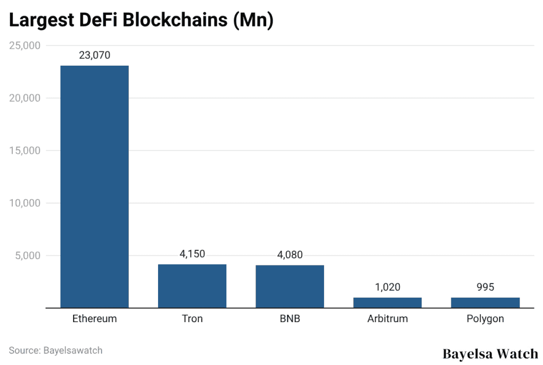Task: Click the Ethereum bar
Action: (94, 186)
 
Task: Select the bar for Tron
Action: (192, 286)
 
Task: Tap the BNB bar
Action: (290, 287)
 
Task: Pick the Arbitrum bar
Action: (387, 302)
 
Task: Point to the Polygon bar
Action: (485, 302)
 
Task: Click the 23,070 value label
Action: (94, 55)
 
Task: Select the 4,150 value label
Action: (192, 254)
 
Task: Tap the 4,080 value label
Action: (290, 255)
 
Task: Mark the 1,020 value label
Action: (387, 287)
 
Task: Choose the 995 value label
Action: (485, 287)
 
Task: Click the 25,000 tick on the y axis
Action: (25, 46)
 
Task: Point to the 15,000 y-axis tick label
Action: (25, 150)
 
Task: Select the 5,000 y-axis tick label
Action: (28, 255)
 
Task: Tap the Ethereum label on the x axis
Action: (94, 319)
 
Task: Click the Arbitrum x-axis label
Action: (387, 319)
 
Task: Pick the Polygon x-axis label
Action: (485, 319)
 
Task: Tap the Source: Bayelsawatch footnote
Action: (56, 350)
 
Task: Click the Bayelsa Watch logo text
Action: (490, 353)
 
